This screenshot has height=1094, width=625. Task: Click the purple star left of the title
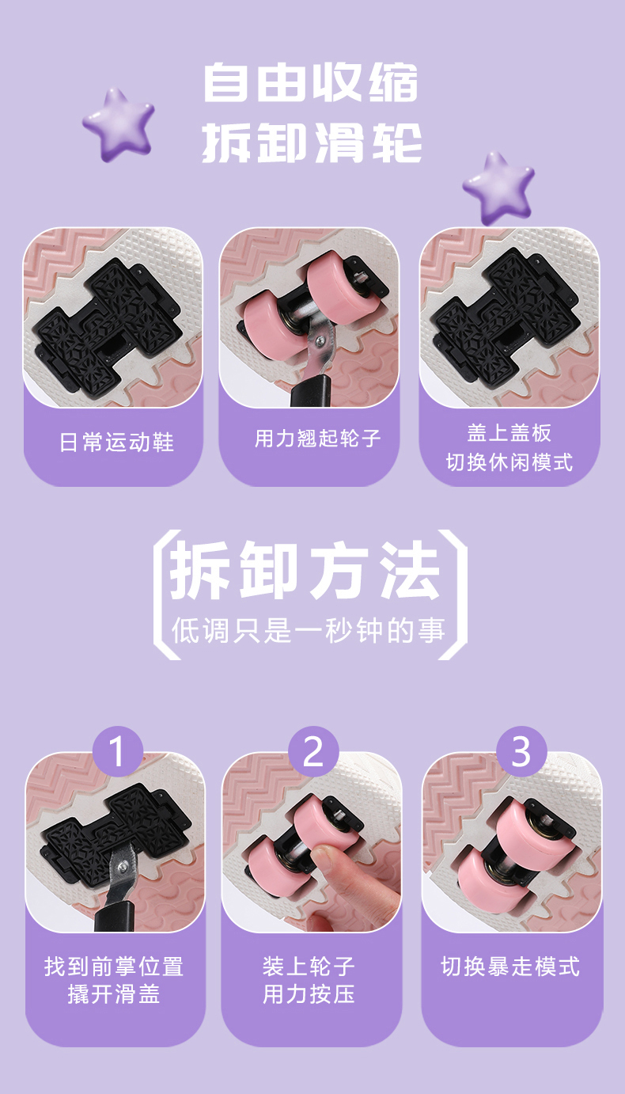[118, 124]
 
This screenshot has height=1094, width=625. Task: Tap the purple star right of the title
[498, 188]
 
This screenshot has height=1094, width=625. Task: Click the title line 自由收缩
[311, 82]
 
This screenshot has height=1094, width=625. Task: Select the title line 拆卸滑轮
[312, 142]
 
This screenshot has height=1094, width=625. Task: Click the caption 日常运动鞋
[117, 443]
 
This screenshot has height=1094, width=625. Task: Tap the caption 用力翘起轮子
[317, 438]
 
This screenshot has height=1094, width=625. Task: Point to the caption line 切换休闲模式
[509, 462]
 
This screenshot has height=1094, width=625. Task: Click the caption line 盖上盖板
[509, 433]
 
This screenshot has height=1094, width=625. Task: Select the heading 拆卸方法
[305, 570]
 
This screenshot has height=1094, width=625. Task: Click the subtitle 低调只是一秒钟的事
[308, 631]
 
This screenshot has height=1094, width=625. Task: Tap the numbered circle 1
[118, 751]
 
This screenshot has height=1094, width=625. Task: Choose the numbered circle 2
[313, 751]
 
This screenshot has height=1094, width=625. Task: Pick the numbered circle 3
[521, 751]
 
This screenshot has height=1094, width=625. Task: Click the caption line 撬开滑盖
[114, 994]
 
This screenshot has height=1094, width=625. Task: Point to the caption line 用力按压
[309, 994]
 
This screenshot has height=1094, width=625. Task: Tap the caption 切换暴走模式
[510, 967]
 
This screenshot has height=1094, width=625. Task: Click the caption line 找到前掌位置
[114, 967]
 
